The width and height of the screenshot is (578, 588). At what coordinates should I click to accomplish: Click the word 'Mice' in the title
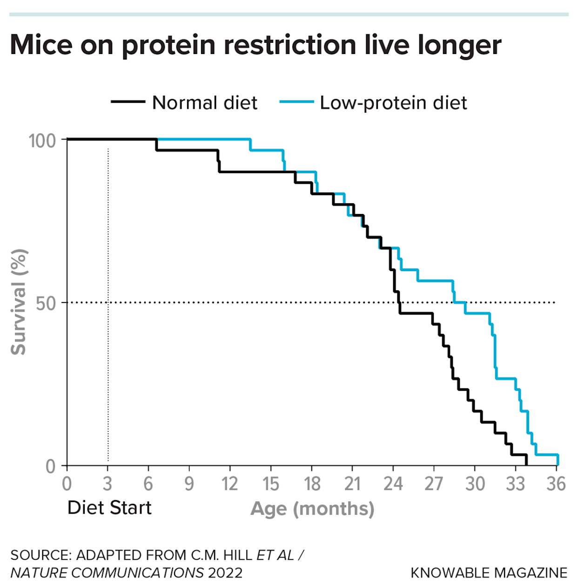tap(41, 45)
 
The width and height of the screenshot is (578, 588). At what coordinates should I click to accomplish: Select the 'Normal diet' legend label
tap(205, 103)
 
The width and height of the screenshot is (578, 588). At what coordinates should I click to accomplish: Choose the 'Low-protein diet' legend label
tap(393, 103)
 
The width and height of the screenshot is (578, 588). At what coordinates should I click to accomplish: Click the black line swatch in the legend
tap(128, 102)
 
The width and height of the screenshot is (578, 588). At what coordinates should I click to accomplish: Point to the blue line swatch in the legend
tap(296, 102)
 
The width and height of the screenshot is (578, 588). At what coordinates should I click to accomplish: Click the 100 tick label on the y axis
tap(42, 140)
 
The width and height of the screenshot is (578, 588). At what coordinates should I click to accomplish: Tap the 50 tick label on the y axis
tap(46, 303)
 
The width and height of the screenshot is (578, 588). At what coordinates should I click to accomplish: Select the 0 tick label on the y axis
tap(51, 466)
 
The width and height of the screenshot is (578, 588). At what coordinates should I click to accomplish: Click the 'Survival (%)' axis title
tap(19, 302)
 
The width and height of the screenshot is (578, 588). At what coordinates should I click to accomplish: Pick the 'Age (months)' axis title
tap(312, 508)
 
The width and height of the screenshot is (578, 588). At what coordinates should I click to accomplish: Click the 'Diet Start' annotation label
tap(109, 508)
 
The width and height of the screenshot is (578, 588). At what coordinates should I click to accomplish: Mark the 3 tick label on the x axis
tap(108, 484)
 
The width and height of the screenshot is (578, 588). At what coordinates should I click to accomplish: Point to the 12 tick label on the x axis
tap(229, 484)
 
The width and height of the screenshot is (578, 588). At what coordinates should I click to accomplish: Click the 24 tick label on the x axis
tap(393, 484)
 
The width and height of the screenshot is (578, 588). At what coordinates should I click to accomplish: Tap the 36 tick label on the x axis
tap(556, 484)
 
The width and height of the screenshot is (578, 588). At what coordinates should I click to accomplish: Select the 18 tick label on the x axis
tap(312, 484)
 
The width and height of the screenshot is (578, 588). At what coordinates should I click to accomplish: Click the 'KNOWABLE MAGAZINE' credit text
tap(489, 573)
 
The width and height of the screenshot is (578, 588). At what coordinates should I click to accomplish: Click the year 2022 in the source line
tap(225, 573)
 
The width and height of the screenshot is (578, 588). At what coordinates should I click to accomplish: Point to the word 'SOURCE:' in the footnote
tap(41, 555)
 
